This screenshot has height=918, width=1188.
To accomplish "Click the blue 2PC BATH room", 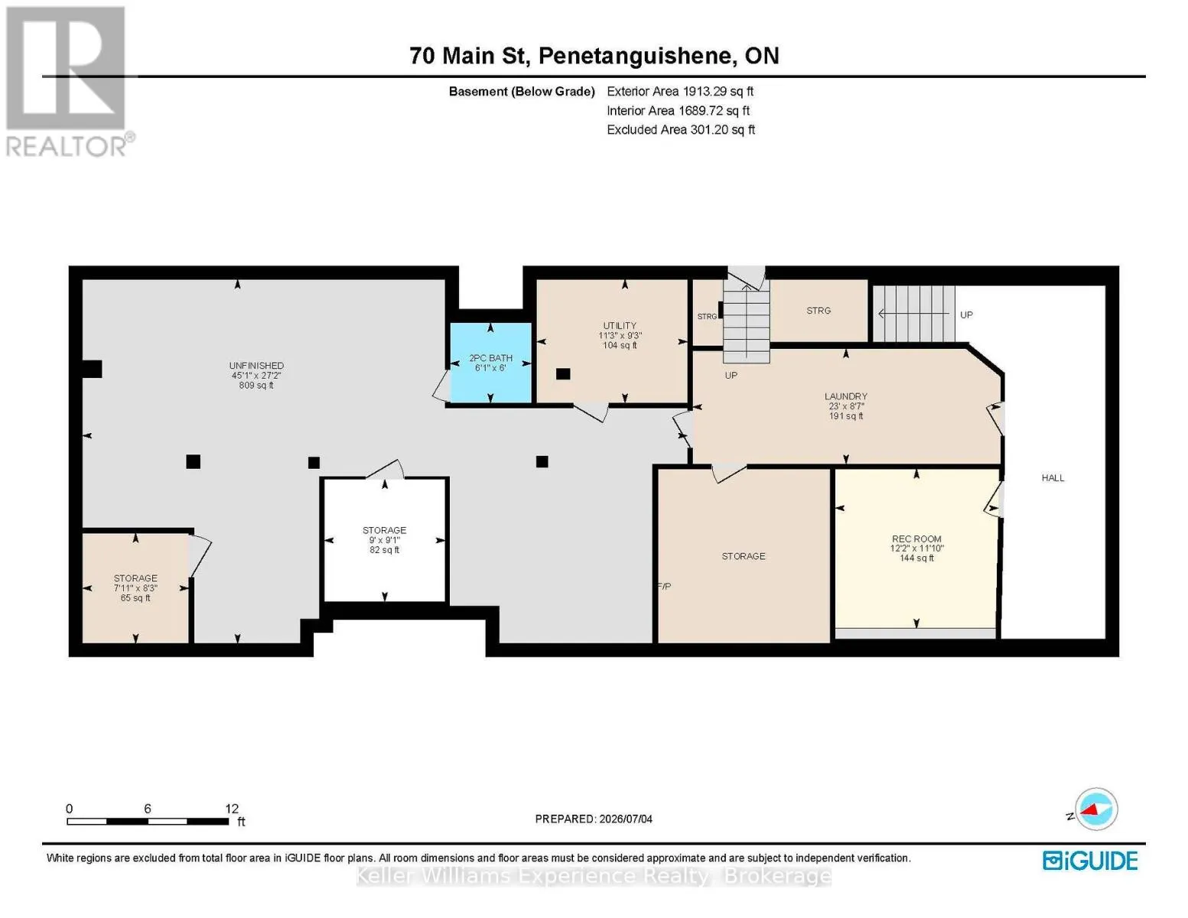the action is tap(490, 363).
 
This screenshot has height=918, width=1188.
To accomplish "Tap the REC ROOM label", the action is tap(916, 539).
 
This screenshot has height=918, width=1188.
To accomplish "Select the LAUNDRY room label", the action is tap(846, 396).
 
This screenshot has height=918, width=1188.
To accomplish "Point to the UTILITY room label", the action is tap(620, 325).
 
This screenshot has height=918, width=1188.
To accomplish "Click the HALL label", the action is tap(1053, 478).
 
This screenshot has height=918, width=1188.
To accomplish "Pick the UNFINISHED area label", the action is tap(256, 365).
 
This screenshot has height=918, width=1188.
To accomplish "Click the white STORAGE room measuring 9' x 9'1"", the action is tap(385, 539).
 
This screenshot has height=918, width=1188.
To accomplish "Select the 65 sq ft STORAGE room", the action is tap(135, 588).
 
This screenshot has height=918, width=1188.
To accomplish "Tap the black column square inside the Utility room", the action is tap(563, 374).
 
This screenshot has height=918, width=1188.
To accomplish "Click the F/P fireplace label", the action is tap(664, 587).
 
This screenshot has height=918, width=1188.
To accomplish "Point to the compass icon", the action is tap(1095, 809).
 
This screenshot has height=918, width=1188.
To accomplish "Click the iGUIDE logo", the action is tap(1090, 861).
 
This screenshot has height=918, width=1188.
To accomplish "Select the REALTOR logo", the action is tap(68, 81).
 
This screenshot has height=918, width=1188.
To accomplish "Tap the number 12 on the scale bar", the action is tap(232, 809).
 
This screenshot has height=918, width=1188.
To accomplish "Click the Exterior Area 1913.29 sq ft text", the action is tap(680, 91).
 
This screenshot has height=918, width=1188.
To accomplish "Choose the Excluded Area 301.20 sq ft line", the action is tap(681, 129).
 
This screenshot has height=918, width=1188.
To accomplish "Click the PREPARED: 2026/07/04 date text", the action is tap(594, 819).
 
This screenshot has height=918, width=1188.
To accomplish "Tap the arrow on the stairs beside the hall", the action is tap(913, 314).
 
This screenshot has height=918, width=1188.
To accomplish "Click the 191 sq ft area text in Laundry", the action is tap(846, 416).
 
